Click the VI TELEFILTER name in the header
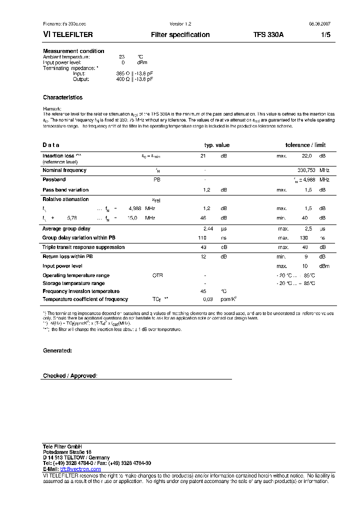click(x=67, y=35)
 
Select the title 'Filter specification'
click(x=180, y=35)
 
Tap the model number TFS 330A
click(x=268, y=35)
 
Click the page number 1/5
click(x=325, y=35)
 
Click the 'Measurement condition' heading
click(x=73, y=51)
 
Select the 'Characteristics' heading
click(x=62, y=97)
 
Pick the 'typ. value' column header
click(x=217, y=145)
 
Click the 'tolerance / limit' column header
click(x=305, y=145)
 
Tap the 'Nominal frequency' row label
click(x=64, y=170)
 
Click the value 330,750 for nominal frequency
click(x=306, y=170)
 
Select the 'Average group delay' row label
click(x=66, y=228)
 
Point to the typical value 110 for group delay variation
click(x=202, y=238)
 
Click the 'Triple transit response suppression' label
click(x=83, y=247)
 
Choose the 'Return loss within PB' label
click(x=67, y=256)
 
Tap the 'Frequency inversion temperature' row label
click(x=81, y=291)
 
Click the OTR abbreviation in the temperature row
click(x=157, y=275)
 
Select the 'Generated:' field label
click(x=57, y=350)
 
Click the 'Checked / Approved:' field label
click(x=70, y=375)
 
